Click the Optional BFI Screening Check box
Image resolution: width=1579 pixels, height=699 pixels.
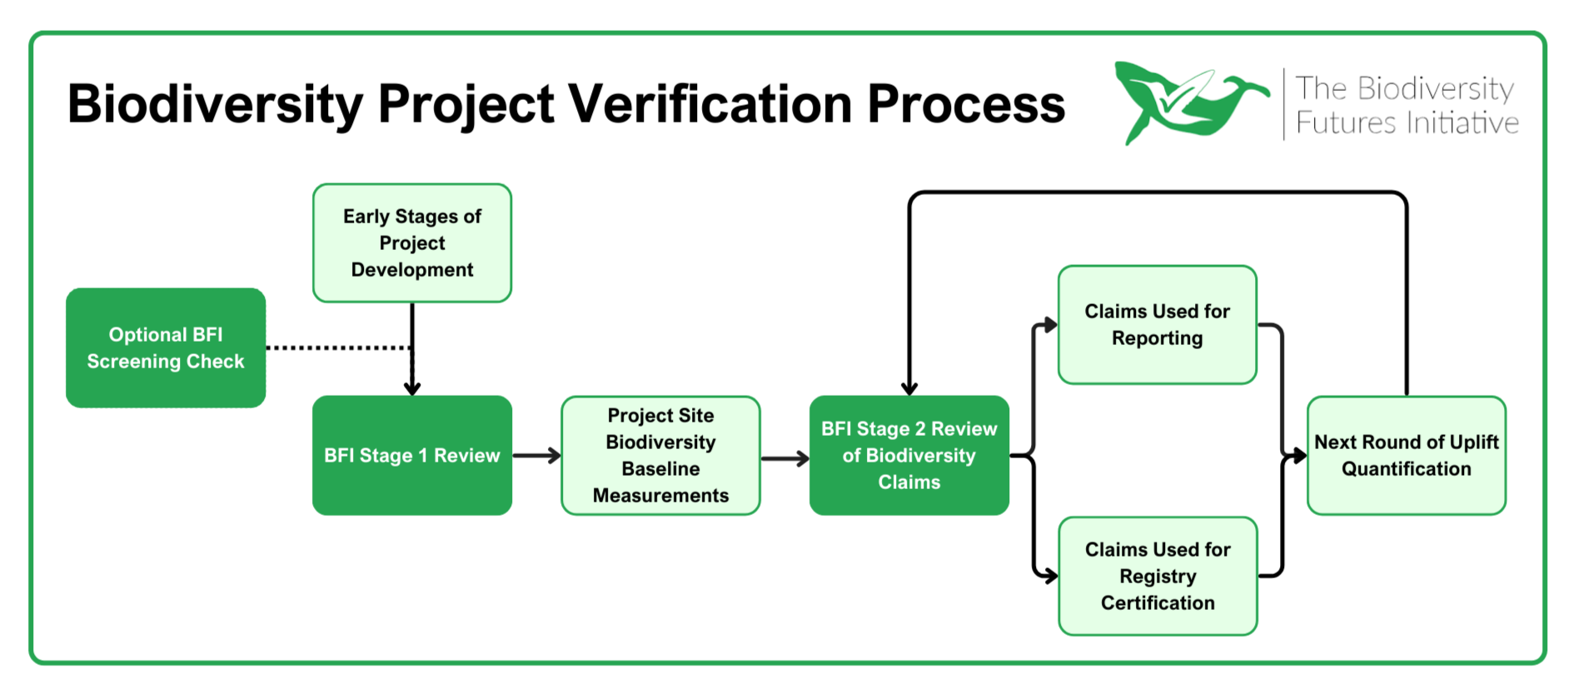[x=166, y=347]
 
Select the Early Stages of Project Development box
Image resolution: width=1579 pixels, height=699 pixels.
[x=412, y=242]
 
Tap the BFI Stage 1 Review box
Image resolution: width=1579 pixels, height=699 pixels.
[x=412, y=455]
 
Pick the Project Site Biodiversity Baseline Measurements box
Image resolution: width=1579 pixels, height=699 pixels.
[x=660, y=455]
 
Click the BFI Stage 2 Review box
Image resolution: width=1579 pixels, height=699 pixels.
[x=909, y=455]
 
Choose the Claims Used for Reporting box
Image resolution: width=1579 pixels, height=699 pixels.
[x=1158, y=325]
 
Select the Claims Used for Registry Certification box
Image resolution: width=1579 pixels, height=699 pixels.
[x=1158, y=576]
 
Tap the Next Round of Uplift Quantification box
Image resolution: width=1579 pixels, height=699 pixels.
[x=1407, y=455]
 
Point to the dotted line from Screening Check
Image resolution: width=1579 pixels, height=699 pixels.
[x=339, y=347]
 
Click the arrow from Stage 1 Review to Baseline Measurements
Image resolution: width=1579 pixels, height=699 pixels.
[x=536, y=455]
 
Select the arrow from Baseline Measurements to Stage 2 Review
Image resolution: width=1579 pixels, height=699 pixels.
[x=785, y=457]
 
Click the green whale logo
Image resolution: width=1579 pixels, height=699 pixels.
[x=1192, y=102]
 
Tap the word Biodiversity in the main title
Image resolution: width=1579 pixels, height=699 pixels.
[x=216, y=105]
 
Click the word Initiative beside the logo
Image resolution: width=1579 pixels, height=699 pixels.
[x=1463, y=123]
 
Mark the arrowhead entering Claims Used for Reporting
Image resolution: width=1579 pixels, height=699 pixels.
[x=1051, y=325]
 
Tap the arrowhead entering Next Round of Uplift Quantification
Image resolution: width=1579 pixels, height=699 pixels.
[x=1299, y=456]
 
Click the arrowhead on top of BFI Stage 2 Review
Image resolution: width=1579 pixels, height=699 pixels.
[x=909, y=389]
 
